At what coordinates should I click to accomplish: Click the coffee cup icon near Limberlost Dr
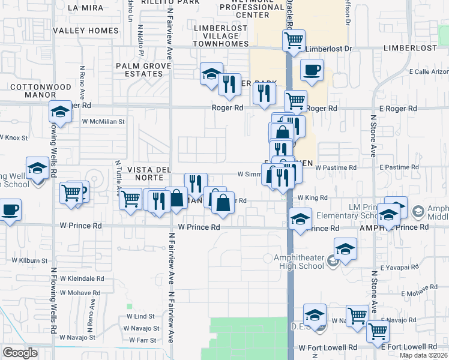312,70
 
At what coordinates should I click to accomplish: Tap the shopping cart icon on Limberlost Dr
294,41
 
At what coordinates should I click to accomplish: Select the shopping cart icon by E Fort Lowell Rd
378,331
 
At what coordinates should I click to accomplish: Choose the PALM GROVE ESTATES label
139,70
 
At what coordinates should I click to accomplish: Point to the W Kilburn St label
28,261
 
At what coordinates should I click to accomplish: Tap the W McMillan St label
103,121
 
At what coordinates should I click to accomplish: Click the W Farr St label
143,340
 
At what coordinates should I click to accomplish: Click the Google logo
20,353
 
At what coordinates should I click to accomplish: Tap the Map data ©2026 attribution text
423,355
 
